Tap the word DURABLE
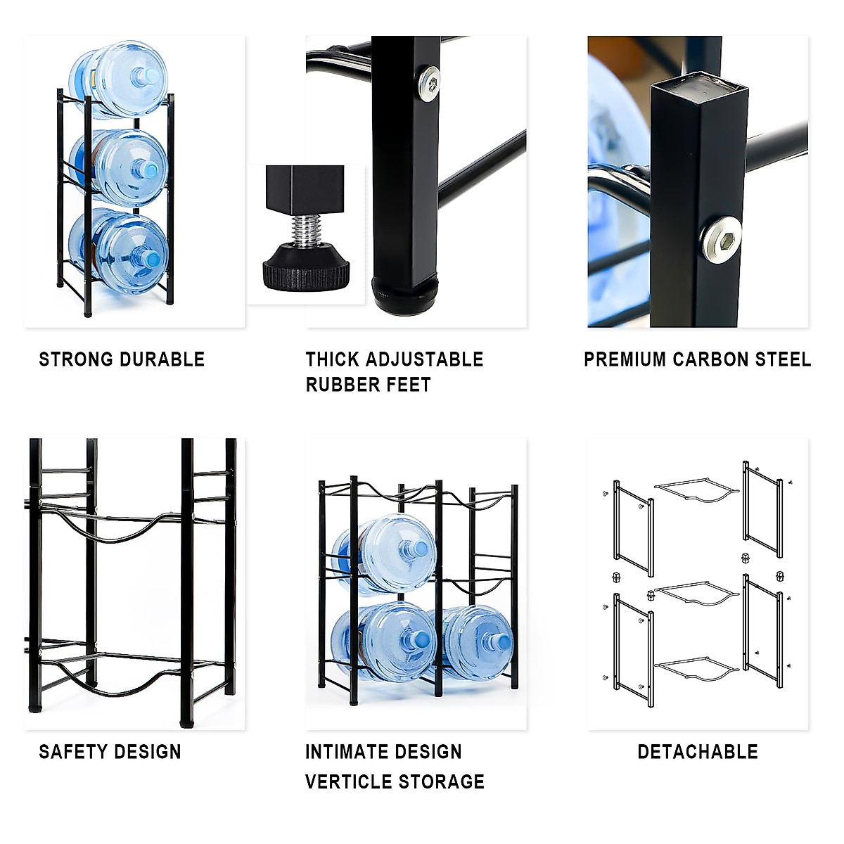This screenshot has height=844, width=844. pyautogui.click(x=162, y=359)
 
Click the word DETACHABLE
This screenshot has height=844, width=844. pyautogui.click(x=698, y=752)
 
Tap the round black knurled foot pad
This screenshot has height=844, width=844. pyautogui.click(x=307, y=269)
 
